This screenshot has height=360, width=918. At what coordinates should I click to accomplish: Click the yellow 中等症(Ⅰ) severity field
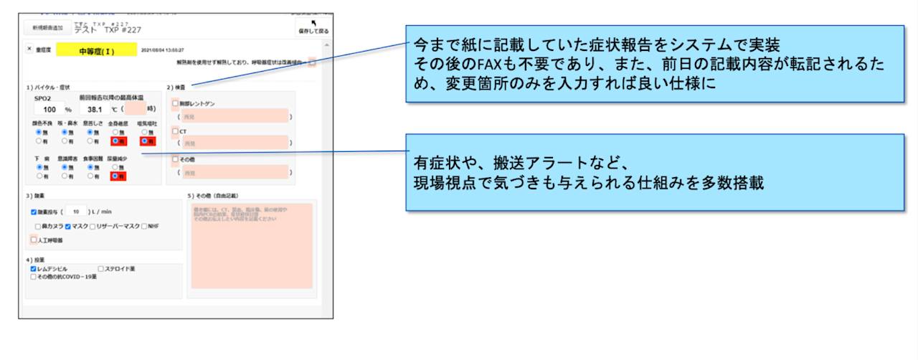[96, 50]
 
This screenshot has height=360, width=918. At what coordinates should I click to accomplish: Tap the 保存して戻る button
[313, 28]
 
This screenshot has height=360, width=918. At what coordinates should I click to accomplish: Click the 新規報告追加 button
[47, 28]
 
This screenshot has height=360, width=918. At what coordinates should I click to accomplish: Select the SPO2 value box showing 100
[49, 110]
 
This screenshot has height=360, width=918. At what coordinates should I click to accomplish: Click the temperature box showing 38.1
[94, 110]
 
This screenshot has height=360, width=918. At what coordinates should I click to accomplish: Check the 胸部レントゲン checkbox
[175, 103]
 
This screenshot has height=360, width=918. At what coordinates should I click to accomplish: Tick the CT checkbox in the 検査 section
[175, 131]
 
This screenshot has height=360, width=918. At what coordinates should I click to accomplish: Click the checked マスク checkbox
[68, 226]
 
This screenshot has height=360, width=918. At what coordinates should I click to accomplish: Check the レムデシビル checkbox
[33, 268]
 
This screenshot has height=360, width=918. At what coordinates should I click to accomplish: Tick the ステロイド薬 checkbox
[100, 268]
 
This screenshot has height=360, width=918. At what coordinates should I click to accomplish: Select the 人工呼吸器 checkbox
[33, 240]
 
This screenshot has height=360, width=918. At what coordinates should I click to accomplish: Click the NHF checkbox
[144, 226]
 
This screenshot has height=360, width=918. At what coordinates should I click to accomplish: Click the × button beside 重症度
[29, 49]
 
